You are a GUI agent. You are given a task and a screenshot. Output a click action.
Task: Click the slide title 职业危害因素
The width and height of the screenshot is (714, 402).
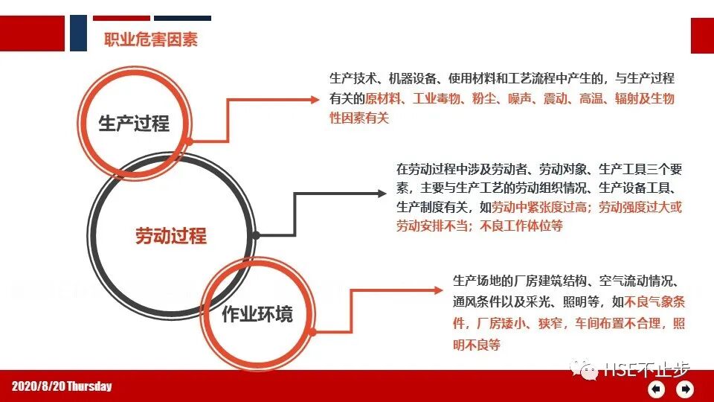[x=150, y=39]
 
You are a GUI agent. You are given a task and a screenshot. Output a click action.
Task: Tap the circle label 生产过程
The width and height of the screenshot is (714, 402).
[x=134, y=123]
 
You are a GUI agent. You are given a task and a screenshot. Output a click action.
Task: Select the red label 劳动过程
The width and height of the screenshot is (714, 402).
[x=170, y=236]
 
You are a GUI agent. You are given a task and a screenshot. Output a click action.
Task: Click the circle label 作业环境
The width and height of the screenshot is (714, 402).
[x=257, y=313]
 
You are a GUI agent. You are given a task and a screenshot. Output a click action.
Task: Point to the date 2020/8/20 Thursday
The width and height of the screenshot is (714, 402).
[x=62, y=386]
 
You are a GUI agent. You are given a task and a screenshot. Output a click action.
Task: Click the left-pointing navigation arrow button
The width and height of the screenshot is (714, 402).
[x=657, y=389]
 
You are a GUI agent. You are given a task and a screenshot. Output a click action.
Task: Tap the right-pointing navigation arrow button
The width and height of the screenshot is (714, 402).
[x=686, y=389]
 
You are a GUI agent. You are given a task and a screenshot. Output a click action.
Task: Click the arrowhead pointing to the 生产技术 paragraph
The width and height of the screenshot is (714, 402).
[x=313, y=99]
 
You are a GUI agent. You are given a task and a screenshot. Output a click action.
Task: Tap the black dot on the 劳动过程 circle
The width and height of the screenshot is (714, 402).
[x=256, y=235]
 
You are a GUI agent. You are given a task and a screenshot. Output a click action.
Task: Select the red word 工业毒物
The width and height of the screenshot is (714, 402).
[x=436, y=99]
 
